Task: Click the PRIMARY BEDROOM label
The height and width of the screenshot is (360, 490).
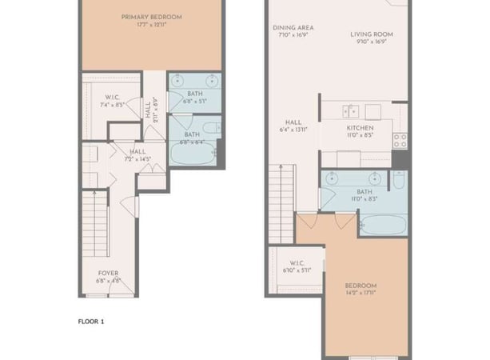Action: (151, 17)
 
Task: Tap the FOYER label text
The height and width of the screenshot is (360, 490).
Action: (108, 273)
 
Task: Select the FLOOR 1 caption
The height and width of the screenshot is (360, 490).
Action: (91, 322)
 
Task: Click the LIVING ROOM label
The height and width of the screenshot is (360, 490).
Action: (372, 34)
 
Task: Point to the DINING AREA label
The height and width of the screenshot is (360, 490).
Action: (288, 26)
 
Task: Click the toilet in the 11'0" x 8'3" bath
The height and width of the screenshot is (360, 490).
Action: (398, 181)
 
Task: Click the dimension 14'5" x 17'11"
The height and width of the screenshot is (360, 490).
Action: (361, 294)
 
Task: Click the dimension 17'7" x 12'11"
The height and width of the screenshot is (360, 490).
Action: (151, 26)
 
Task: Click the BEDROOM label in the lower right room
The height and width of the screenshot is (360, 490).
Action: (361, 286)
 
